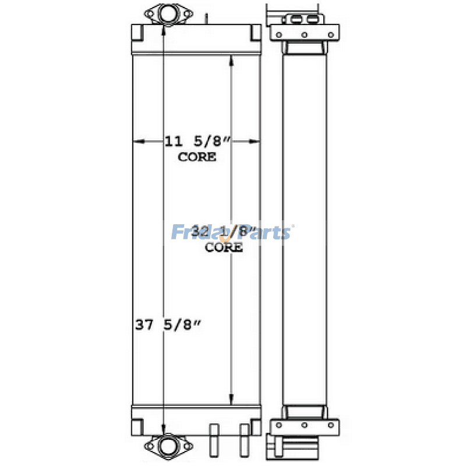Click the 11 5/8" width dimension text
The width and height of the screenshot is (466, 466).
pos(198,141)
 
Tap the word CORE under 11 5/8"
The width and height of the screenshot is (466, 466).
pos(197,157)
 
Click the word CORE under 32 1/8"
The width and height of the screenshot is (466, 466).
pos(224,247)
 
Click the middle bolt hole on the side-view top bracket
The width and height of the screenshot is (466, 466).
pos(304,35)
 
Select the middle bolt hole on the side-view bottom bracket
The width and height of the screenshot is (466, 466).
pos(304,425)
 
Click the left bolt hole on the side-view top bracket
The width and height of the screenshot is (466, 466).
pos(279,35)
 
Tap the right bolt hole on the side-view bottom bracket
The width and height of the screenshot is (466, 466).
pos(330,425)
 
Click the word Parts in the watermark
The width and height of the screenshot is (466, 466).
pos(266,232)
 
